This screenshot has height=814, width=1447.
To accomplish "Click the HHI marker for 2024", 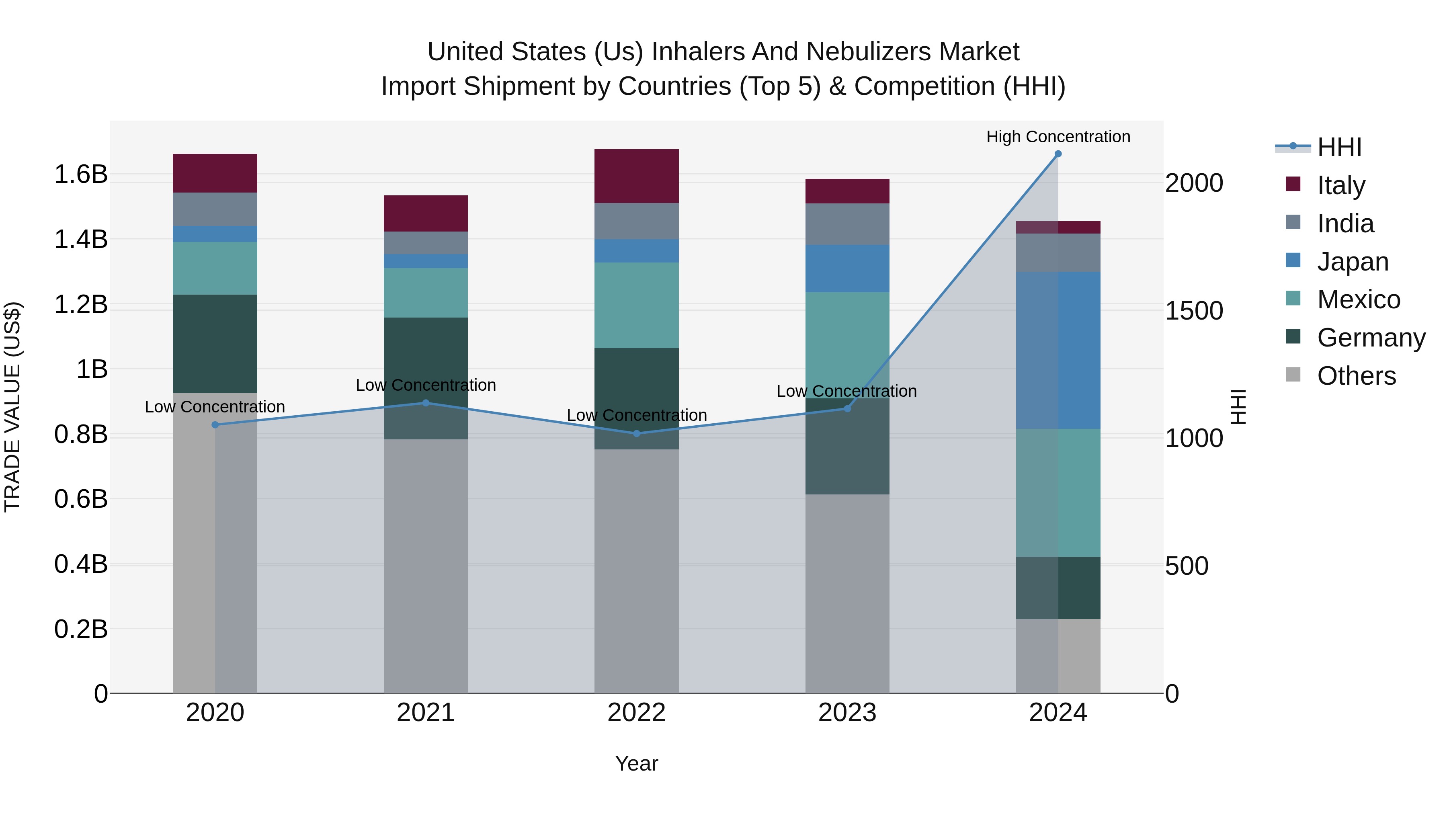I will (1058, 154).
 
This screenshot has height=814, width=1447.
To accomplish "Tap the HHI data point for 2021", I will (426, 403).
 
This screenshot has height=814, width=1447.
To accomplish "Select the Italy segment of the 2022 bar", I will (636, 176).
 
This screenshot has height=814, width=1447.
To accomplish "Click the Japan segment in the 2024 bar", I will (1058, 350).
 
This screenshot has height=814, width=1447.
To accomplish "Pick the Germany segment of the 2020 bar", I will (215, 343).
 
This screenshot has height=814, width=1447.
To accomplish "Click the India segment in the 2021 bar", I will (426, 243).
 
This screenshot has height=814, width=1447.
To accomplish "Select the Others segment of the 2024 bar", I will (1058, 656).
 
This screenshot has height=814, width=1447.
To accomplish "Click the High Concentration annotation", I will (1058, 137).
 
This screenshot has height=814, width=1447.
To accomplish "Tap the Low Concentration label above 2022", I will (636, 415).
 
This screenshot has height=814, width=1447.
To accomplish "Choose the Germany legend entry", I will (1371, 338).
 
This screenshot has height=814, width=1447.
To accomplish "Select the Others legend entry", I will (1356, 376).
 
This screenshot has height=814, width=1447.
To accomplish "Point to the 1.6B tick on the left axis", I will (81, 174).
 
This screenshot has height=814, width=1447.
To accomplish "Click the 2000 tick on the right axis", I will (1194, 183).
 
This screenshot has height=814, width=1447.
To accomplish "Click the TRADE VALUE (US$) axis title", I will (12, 407).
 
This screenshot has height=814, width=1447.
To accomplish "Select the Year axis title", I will (636, 763).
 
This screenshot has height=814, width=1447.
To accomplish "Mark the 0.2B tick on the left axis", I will (81, 629).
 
